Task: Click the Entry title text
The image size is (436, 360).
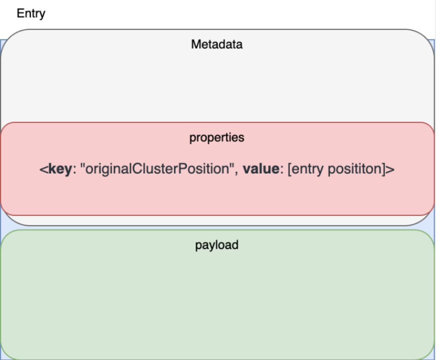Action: pyautogui.click(x=31, y=13)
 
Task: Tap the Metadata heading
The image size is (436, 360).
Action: pyautogui.click(x=217, y=44)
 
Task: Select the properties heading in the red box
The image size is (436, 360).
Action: pyautogui.click(x=217, y=138)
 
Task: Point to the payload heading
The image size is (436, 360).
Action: pyautogui.click(x=217, y=245)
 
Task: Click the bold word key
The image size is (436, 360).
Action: pyautogui.click(x=60, y=169)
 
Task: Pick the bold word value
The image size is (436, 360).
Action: pyautogui.click(x=261, y=168)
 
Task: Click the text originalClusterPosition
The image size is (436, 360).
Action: pyautogui.click(x=157, y=169)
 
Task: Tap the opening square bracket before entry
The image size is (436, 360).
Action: pyautogui.click(x=289, y=169)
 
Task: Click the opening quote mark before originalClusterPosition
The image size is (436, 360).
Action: pyautogui.click(x=82, y=165)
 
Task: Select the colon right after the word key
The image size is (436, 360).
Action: pyautogui.click(x=74, y=170)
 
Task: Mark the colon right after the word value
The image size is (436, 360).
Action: pyautogui.click(x=281, y=170)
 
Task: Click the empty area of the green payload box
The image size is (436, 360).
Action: pyautogui.click(x=217, y=300)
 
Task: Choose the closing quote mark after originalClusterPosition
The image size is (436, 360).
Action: pyautogui.click(x=231, y=165)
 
